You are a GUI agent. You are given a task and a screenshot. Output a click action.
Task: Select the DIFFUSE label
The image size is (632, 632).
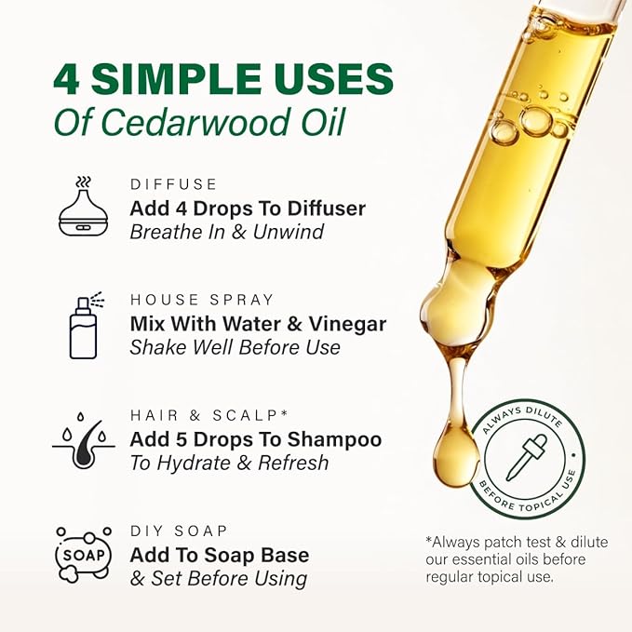point(173,184)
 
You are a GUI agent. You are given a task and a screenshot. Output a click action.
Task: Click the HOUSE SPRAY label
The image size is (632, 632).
point(202,300)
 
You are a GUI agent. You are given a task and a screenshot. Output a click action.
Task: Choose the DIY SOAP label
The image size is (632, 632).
point(179,531)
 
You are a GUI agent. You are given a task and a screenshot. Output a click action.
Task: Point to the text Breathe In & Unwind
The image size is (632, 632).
point(226,232)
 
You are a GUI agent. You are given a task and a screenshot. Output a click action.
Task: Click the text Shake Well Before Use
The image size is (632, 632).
point(235,348)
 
